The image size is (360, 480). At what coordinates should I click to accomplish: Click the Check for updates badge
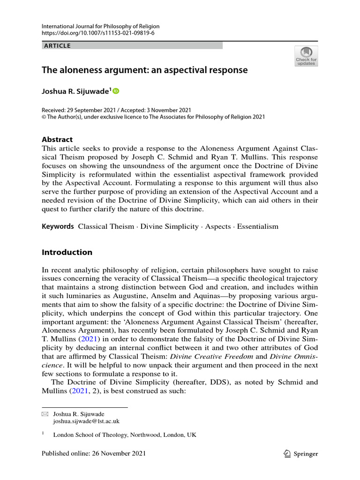tap(306, 56)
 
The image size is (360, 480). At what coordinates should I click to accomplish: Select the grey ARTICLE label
tap(57, 46)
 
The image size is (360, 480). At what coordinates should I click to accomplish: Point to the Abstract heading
tap(57, 139)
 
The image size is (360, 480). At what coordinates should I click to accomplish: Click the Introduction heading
tap(67, 252)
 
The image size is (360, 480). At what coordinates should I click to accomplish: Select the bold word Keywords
tap(58, 226)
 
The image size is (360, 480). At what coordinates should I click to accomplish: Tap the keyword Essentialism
tap(257, 226)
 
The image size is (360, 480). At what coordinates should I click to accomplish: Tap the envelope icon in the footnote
tap(45, 414)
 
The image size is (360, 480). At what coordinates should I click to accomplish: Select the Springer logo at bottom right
tap(301, 453)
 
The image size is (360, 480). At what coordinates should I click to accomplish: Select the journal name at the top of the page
tap(100, 26)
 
